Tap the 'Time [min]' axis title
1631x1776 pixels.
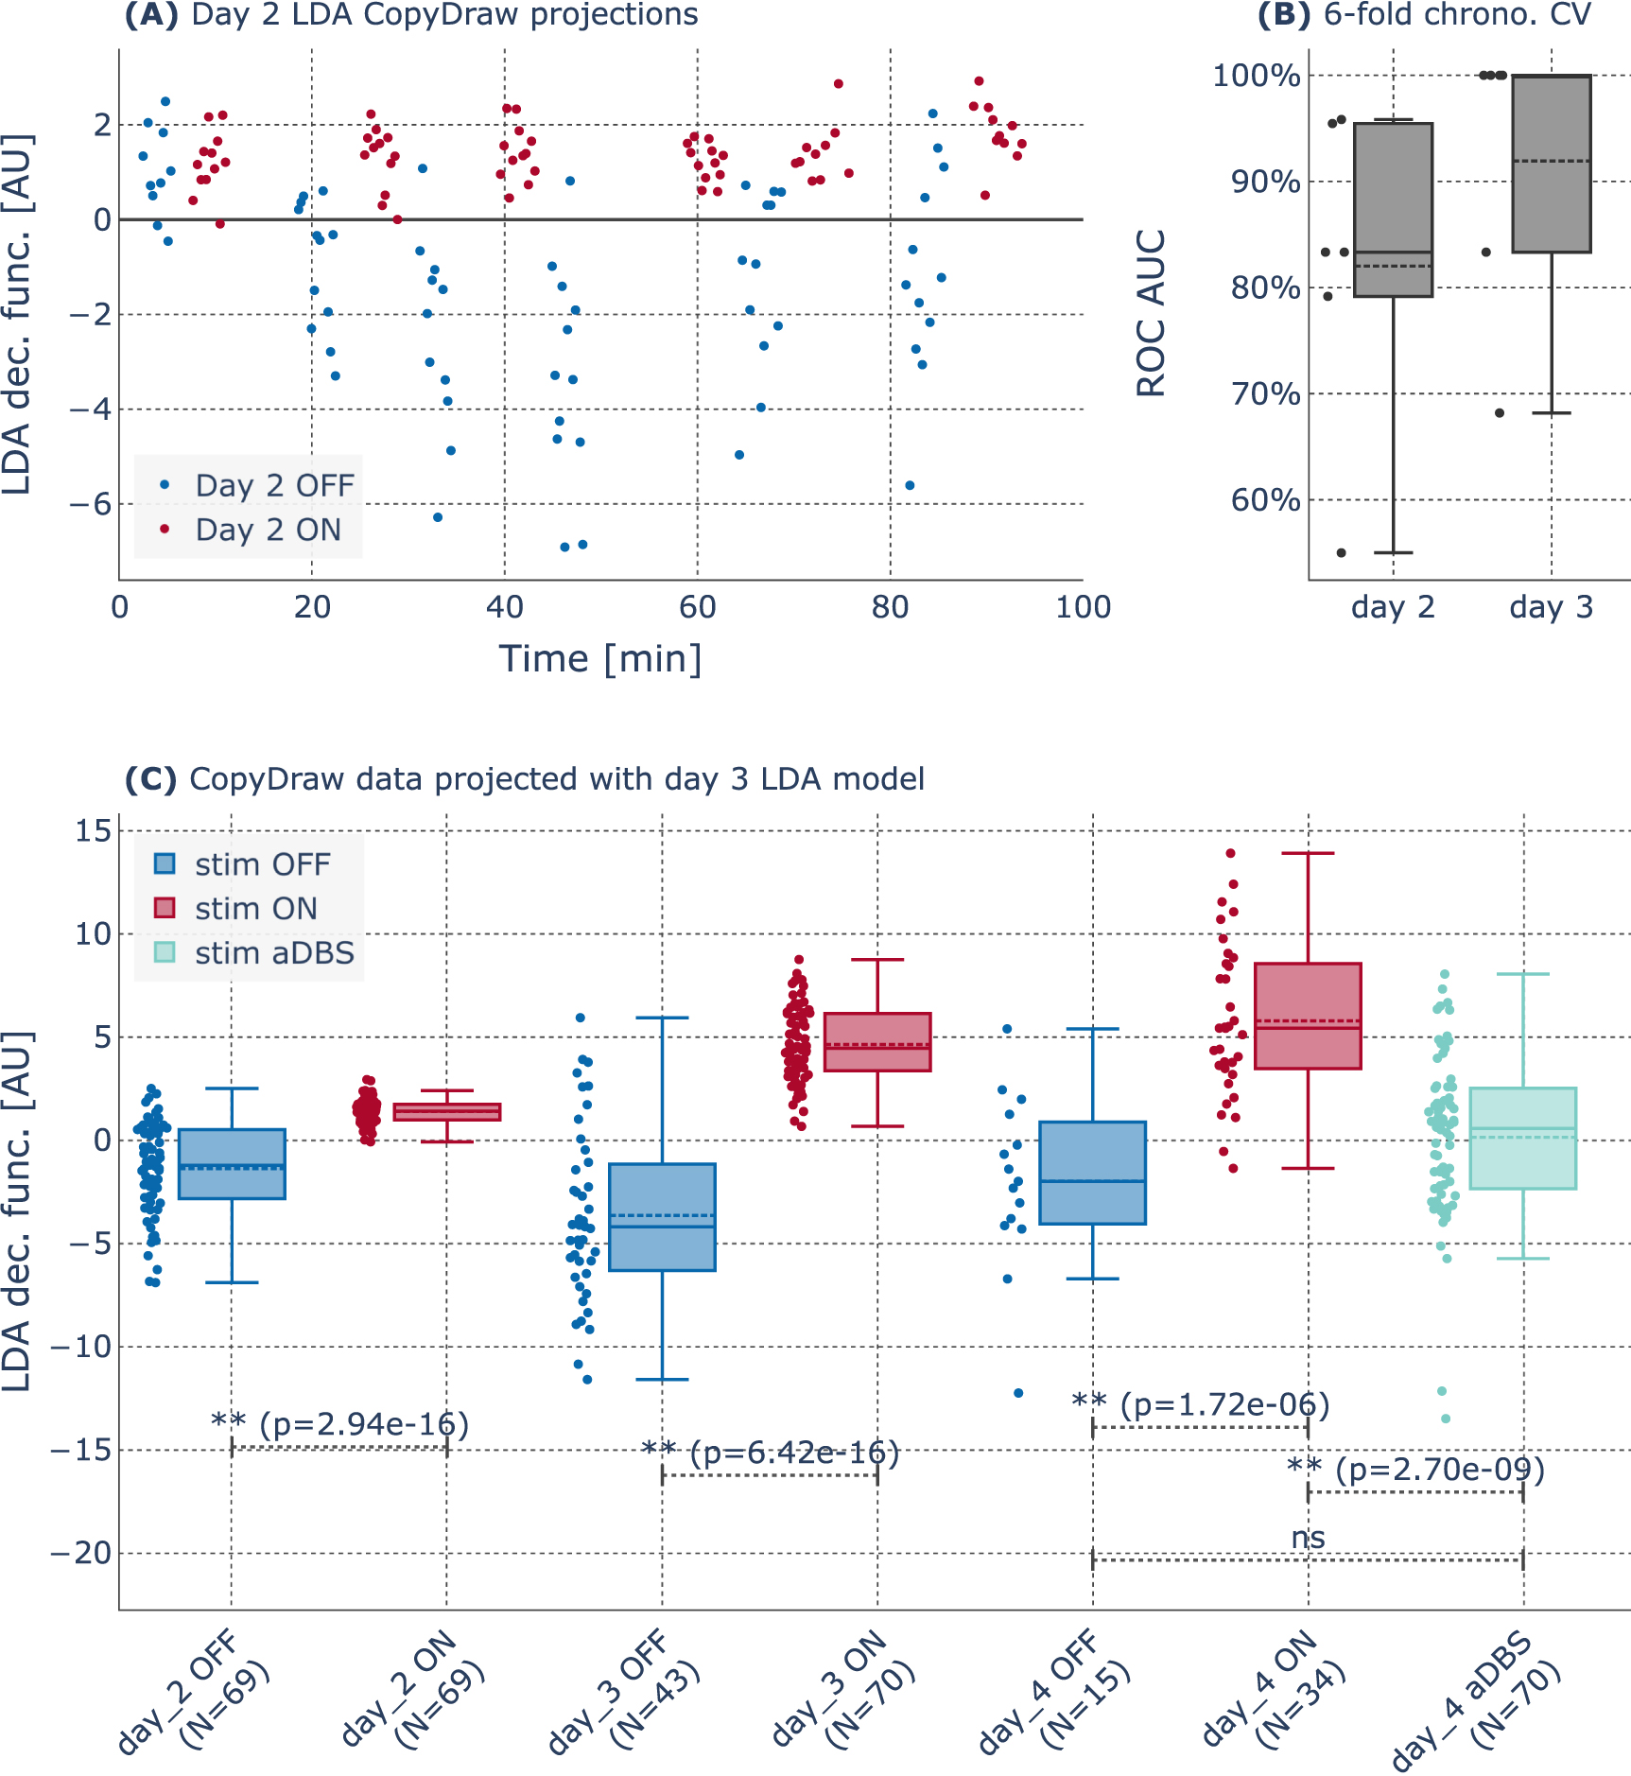[x=600, y=659]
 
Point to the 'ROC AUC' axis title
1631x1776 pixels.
[x=1151, y=313]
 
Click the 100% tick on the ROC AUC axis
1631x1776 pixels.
[x=1257, y=76]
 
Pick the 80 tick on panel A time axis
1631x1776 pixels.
[x=890, y=607]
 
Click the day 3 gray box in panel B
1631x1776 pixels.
[x=1552, y=164]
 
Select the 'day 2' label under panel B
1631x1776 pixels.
[x=1393, y=607]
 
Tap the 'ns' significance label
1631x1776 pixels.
[x=1308, y=1538]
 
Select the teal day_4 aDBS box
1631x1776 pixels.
[x=1522, y=1139]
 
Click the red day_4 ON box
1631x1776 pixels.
[x=1308, y=1016]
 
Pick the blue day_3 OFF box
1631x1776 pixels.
[x=662, y=1217]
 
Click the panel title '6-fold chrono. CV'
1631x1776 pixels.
[x=1457, y=14]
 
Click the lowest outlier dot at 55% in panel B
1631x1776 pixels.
[x=1341, y=552]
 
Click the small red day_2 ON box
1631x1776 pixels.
[x=447, y=1112]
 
